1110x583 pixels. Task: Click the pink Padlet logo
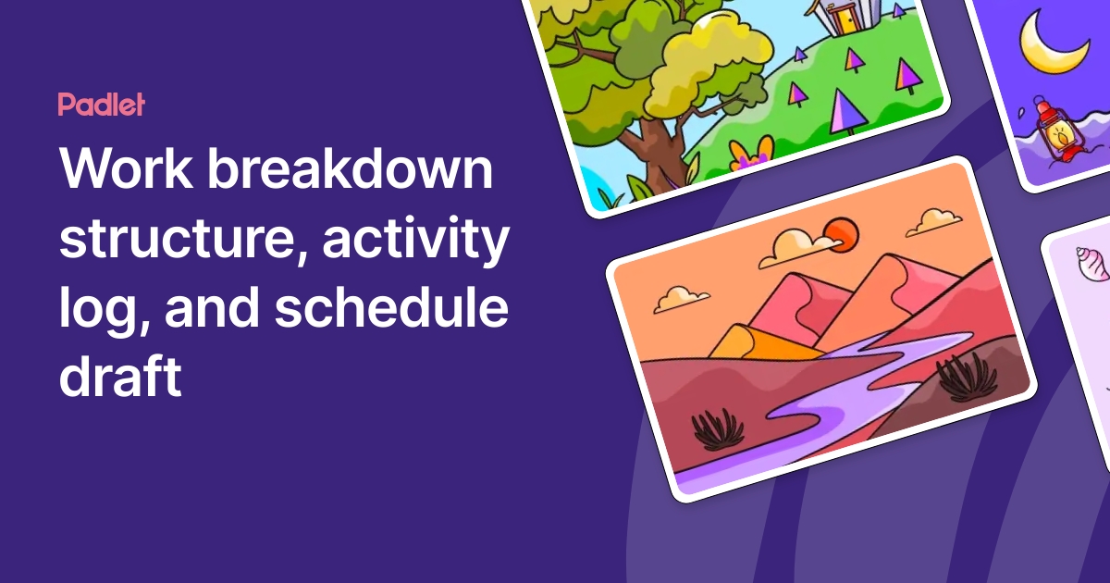point(101,105)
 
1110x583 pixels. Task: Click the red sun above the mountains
point(842,234)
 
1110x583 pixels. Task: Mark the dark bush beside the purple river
point(718,429)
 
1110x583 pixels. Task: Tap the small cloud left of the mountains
point(682,298)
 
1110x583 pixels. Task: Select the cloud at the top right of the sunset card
point(934,221)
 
